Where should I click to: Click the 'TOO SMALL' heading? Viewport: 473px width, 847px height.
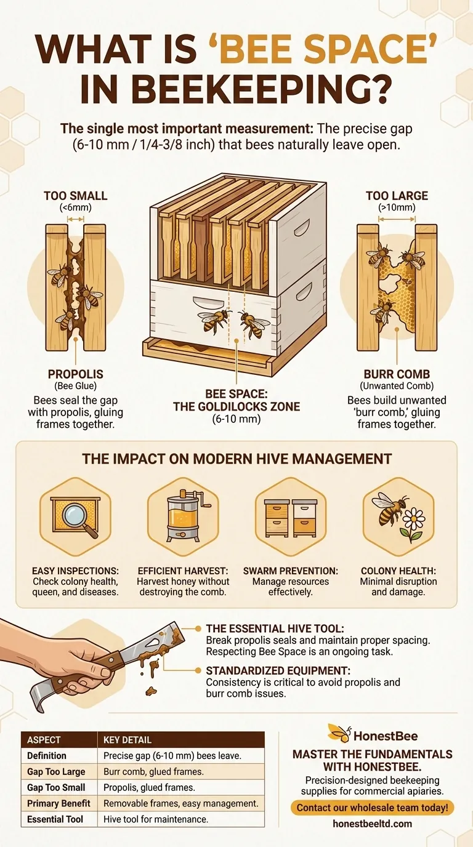(x=75, y=196)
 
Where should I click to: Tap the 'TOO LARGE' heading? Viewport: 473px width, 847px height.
(x=397, y=196)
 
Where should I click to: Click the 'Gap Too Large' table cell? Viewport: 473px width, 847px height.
(x=56, y=771)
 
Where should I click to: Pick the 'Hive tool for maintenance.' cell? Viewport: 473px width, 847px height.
(x=156, y=819)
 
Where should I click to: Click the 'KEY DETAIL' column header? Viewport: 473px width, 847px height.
(x=127, y=739)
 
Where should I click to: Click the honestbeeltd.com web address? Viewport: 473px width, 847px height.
(x=371, y=824)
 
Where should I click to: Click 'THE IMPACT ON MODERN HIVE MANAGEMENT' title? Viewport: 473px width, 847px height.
(x=236, y=459)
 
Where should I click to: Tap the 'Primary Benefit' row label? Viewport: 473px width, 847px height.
(x=59, y=803)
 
